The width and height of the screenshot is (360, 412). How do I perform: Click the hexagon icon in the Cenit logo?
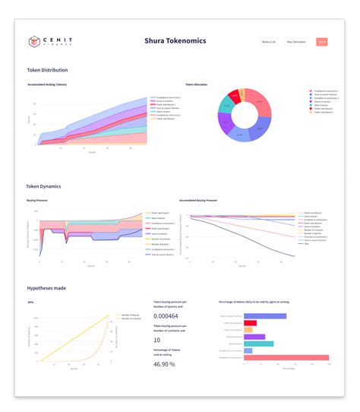coord(34,42)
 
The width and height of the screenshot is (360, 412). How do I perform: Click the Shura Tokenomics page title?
coord(175,41)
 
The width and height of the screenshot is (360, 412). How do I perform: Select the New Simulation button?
coord(296,42)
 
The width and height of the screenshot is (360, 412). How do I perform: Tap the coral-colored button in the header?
coord(322,42)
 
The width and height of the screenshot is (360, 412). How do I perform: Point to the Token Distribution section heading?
coord(48,70)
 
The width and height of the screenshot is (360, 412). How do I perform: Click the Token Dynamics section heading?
coord(44,185)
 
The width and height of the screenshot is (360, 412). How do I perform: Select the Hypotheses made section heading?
coord(47,289)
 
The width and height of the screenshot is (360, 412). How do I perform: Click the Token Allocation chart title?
coord(196,84)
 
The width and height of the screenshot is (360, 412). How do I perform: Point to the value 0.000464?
coord(168,315)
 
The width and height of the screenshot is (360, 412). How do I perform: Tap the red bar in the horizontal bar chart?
coord(251,323)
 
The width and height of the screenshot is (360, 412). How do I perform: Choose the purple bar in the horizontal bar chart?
coord(254,337)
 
